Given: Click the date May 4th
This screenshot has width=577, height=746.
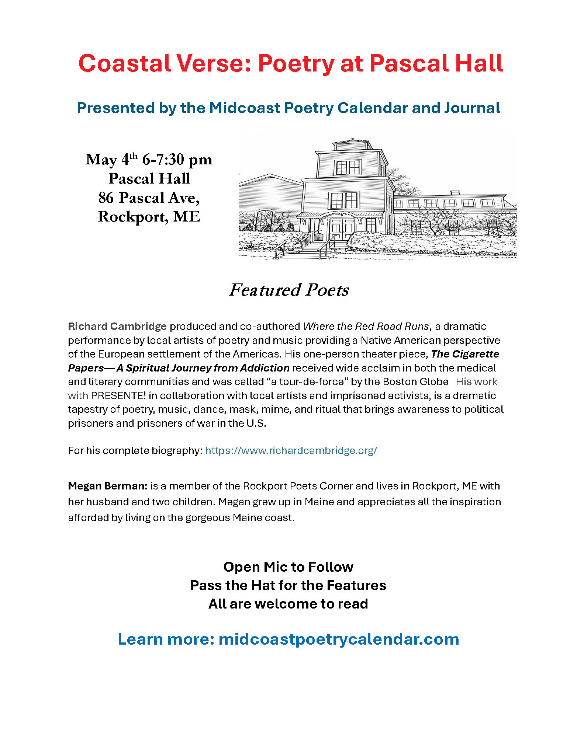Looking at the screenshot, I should tap(111, 160).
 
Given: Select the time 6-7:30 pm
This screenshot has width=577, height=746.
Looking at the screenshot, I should tap(177, 160).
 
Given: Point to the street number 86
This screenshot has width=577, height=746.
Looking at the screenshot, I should tap(106, 198).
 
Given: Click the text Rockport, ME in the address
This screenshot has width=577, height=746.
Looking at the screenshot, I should tap(149, 217).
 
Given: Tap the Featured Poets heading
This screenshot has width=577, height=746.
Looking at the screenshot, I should tap(288, 290).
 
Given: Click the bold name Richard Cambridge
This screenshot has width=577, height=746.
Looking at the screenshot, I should tap(117, 327).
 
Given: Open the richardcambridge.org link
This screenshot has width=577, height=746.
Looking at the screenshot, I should tap(291, 451).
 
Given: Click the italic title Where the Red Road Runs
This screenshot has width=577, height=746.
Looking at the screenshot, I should tap(366, 327).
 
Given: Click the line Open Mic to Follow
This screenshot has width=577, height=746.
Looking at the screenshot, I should tap(288, 567).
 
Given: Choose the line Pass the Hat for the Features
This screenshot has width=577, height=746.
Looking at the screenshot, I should tap(288, 585).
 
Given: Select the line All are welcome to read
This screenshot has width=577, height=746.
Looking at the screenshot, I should tap(288, 604).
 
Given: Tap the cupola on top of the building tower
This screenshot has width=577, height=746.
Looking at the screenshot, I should tap(352, 144).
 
